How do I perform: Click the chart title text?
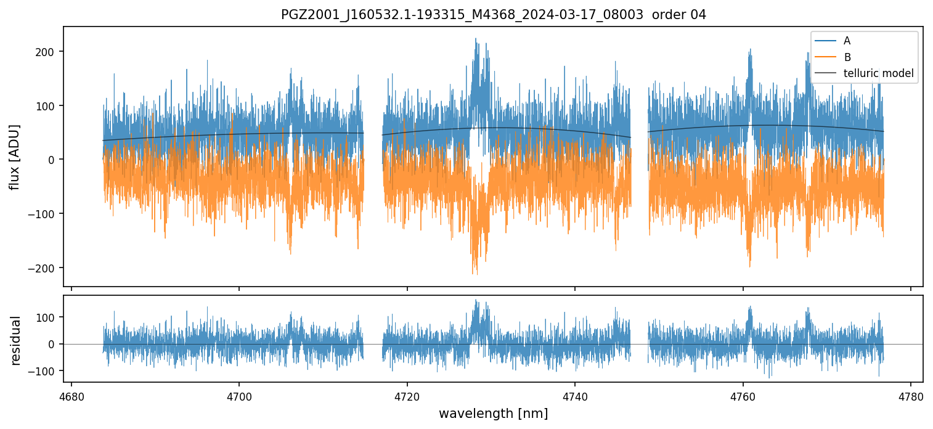click(x=494, y=15)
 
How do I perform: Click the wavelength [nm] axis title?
click(x=493, y=414)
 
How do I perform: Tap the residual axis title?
click(x=16, y=340)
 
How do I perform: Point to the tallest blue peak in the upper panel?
click(x=475, y=39)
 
